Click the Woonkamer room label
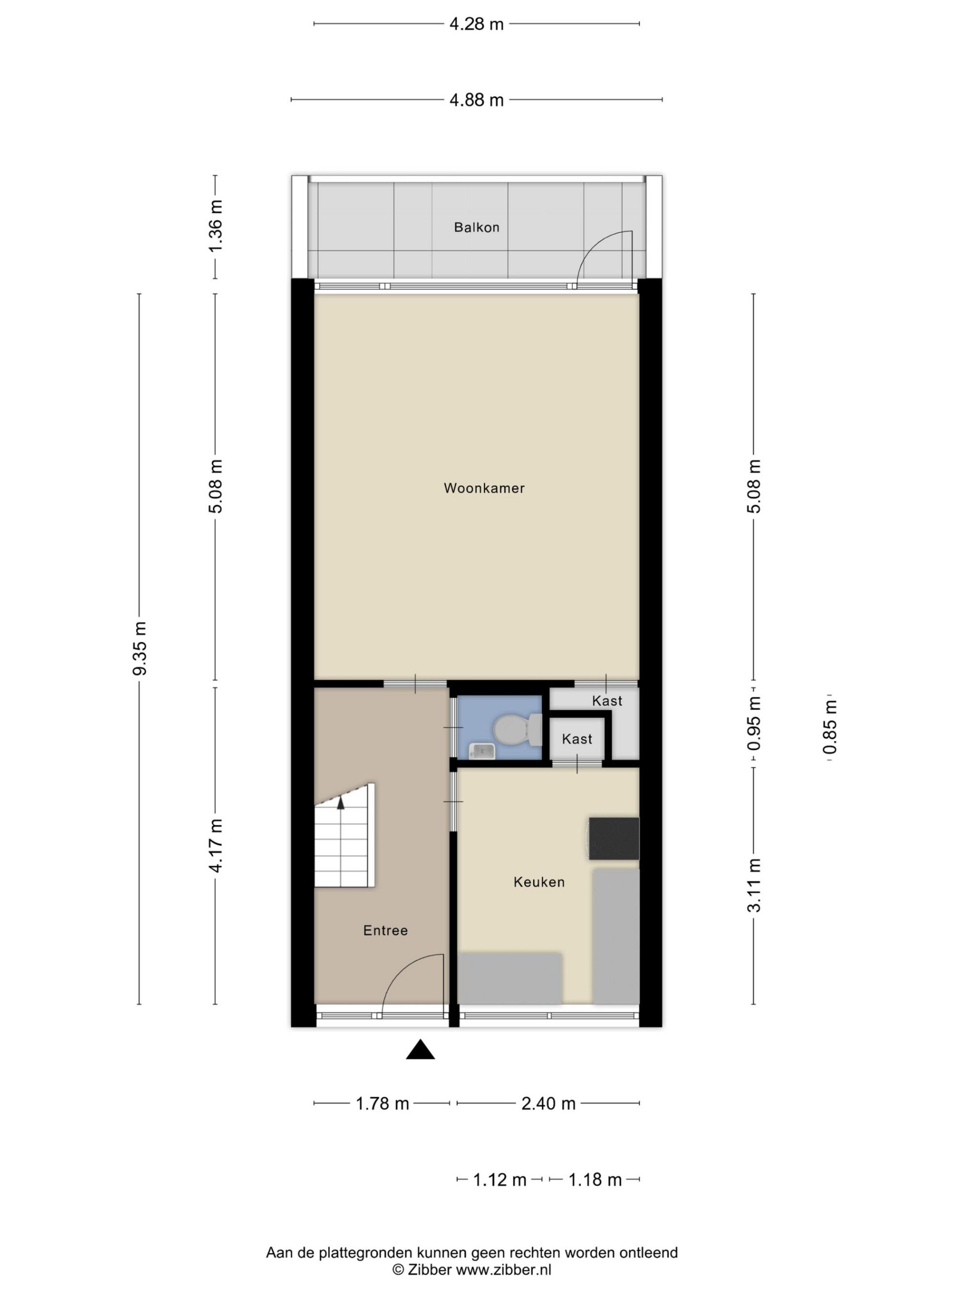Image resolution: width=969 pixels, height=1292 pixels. click(484, 488)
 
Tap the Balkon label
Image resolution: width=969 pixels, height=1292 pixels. click(477, 227)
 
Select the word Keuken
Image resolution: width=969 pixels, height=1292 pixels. click(539, 882)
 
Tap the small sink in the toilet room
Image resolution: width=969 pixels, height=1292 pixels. click(483, 750)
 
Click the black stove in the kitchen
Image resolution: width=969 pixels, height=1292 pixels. click(613, 839)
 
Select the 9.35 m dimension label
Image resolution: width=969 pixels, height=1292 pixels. click(139, 648)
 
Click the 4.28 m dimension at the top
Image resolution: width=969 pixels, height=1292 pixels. click(476, 24)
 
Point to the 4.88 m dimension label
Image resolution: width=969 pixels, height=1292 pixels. click(476, 100)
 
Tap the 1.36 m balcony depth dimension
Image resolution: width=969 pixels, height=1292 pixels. click(216, 226)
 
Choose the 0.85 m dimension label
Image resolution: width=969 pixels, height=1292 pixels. click(829, 727)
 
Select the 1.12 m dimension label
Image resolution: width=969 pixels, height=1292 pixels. click(500, 1179)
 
